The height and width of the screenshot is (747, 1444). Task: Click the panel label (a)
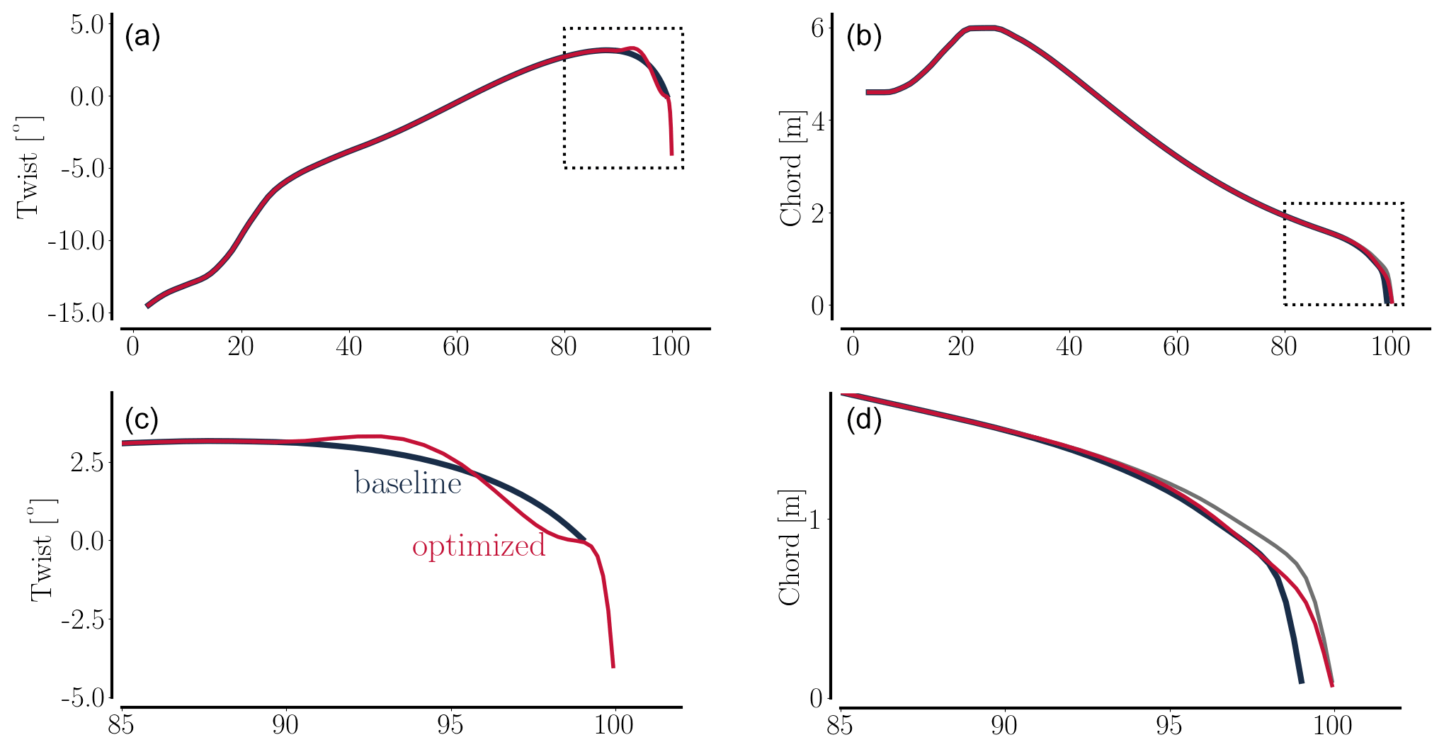pyautogui.click(x=142, y=36)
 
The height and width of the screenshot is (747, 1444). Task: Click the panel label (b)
pyautogui.click(x=864, y=36)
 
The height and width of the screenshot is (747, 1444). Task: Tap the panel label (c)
pyautogui.click(x=142, y=420)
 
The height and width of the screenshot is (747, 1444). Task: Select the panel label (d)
pyautogui.click(x=864, y=420)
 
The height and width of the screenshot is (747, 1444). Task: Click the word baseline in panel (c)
pyautogui.click(x=408, y=483)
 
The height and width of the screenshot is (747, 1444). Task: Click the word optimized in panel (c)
pyautogui.click(x=479, y=546)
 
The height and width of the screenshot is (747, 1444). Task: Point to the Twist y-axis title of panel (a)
pyautogui.click(x=29, y=167)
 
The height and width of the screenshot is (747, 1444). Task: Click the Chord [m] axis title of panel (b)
pyautogui.click(x=791, y=169)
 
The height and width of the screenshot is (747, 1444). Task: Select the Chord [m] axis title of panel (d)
pyautogui.click(x=790, y=548)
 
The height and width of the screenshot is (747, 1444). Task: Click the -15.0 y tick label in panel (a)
pyautogui.click(x=76, y=313)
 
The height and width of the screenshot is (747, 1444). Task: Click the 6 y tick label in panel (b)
pyautogui.click(x=817, y=28)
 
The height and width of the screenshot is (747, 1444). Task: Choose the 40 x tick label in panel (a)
pyautogui.click(x=348, y=347)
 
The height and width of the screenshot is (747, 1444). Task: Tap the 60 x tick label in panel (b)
pyautogui.click(x=1176, y=347)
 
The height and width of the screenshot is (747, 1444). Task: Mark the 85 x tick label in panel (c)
pyautogui.click(x=123, y=726)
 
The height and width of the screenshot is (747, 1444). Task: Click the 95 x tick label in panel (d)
pyautogui.click(x=1169, y=726)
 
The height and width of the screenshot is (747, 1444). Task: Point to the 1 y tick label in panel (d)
pyautogui.click(x=816, y=519)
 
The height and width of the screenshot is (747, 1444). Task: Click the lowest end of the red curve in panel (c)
pyautogui.click(x=613, y=666)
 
